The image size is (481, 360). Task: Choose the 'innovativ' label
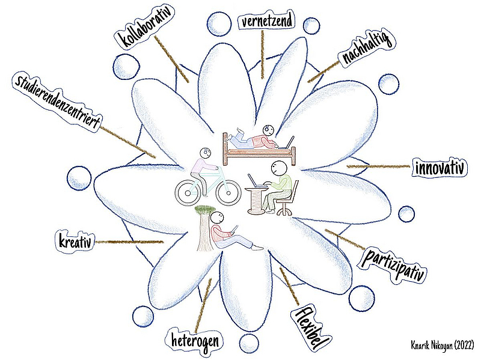click(x=440, y=168)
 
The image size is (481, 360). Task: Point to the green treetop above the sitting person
click(x=205, y=209)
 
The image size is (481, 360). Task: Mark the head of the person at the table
click(x=278, y=166)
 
